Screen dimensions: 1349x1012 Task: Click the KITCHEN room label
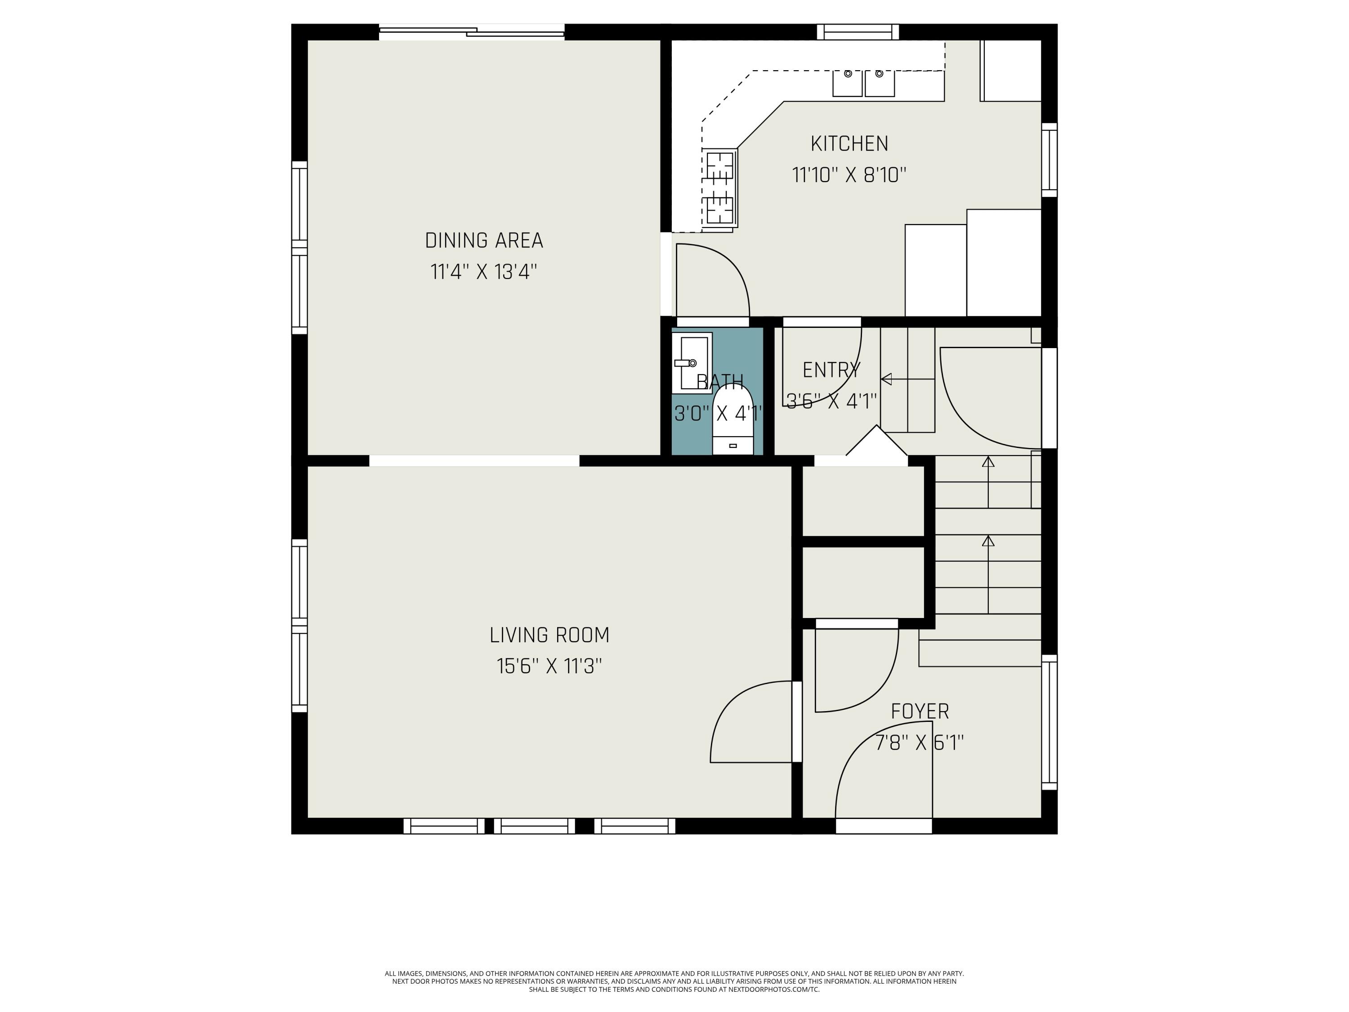(x=849, y=144)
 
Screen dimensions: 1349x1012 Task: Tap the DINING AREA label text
(x=483, y=240)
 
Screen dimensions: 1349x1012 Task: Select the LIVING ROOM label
(x=549, y=635)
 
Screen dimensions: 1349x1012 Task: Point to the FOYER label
(x=920, y=711)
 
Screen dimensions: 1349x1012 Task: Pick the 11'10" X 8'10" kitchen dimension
(x=849, y=175)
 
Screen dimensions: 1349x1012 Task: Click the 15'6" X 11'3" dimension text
(x=549, y=666)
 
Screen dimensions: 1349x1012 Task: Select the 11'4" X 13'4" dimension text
(x=483, y=272)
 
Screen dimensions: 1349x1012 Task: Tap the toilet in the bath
(x=733, y=420)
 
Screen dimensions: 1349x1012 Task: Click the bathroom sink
(x=692, y=363)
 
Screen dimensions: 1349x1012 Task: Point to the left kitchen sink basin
(x=848, y=83)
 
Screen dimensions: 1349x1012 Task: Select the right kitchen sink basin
(x=880, y=83)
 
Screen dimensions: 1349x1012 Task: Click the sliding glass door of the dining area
(x=472, y=32)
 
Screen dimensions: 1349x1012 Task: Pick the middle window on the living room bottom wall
(x=534, y=826)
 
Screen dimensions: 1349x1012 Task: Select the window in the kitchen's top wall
(x=858, y=32)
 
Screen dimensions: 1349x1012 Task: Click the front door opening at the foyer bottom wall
(x=884, y=826)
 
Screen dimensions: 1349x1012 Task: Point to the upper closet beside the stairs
(x=863, y=502)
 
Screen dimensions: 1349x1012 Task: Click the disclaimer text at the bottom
(x=674, y=981)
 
